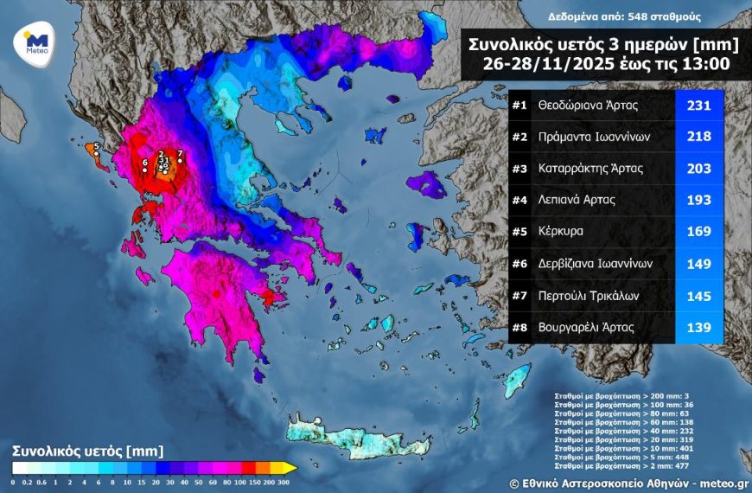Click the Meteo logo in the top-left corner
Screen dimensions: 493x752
[36, 42]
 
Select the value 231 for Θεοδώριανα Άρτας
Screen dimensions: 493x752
[698, 106]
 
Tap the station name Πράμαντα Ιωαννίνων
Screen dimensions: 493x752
[592, 137]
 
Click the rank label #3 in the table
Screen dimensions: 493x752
[519, 169]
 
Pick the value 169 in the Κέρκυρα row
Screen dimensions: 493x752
[698, 232]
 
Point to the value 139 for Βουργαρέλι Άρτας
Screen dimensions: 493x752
[698, 328]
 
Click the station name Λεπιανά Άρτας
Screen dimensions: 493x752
[576, 201]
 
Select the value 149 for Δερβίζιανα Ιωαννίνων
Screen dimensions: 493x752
[698, 264]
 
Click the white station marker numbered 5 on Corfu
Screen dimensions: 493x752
[97, 149]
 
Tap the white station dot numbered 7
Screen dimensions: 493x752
[177, 161]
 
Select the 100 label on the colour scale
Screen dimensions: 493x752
[239, 480]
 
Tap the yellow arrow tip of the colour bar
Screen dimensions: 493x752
[293, 468]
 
